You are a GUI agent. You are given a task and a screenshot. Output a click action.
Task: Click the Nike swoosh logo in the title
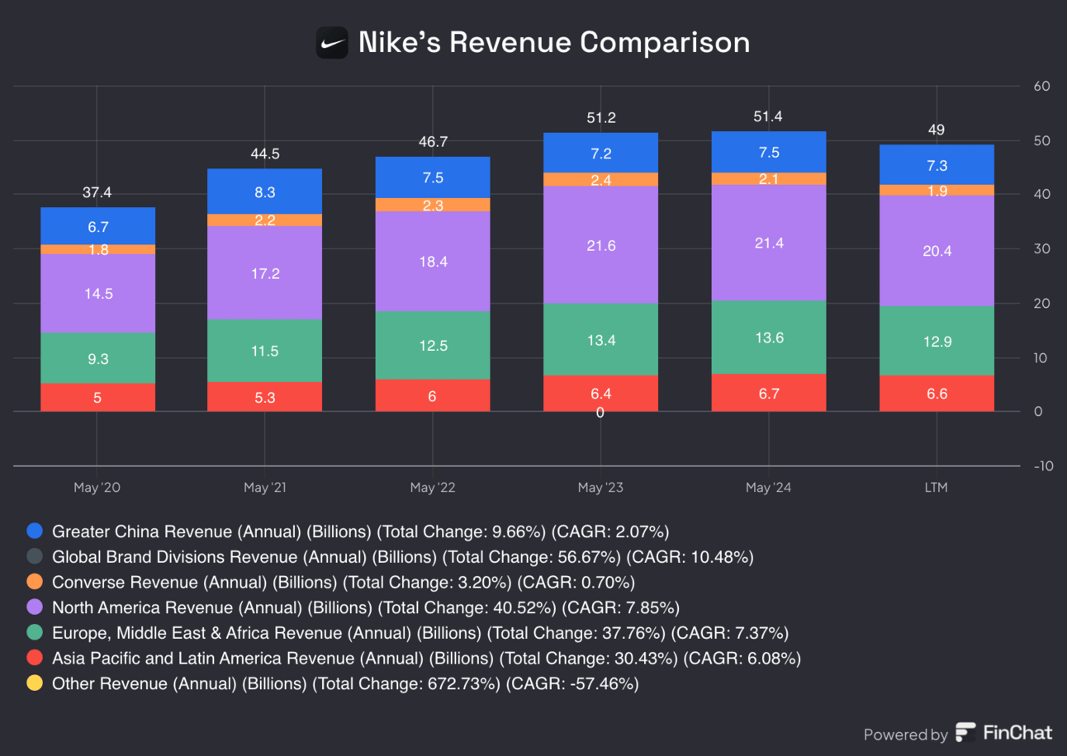332,42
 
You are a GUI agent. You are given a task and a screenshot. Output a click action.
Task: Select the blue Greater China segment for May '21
264,191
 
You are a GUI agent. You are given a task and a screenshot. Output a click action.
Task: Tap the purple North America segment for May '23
600,245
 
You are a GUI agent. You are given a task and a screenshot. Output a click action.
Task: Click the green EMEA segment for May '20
97,358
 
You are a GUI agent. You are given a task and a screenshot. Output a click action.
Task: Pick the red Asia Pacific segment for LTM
937,394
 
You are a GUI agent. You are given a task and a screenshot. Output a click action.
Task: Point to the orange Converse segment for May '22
433,205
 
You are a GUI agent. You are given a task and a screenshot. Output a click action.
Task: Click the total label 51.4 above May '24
768,117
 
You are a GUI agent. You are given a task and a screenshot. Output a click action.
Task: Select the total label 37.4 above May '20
97,193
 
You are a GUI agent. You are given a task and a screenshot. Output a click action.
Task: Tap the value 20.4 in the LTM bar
937,251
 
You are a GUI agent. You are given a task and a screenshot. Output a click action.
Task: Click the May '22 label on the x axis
433,488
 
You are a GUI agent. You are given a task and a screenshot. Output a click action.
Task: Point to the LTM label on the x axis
937,488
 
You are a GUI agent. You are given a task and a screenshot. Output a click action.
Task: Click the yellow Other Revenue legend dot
35,683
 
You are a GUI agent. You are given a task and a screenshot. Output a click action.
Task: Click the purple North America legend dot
35,607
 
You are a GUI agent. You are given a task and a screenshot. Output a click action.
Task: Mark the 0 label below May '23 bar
600,412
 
